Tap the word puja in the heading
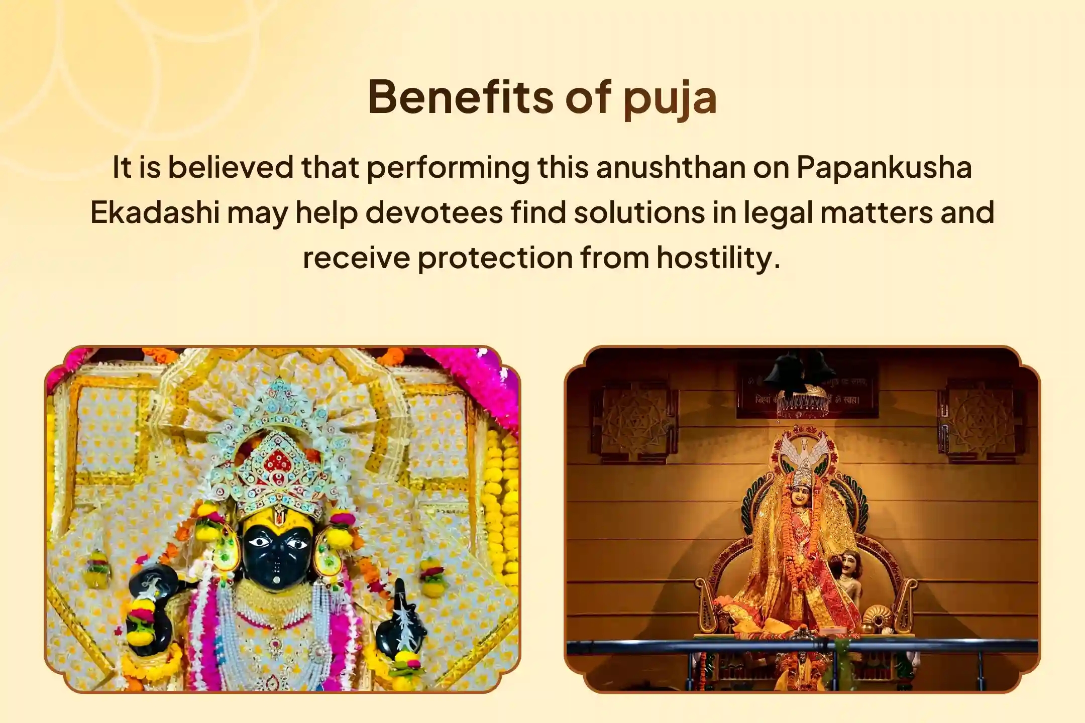tap(670, 98)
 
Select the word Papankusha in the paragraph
tap(884, 168)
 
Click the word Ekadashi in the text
tap(155, 213)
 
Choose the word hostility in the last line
tap(718, 258)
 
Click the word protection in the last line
tap(495, 258)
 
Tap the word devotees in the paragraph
tap(434, 213)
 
